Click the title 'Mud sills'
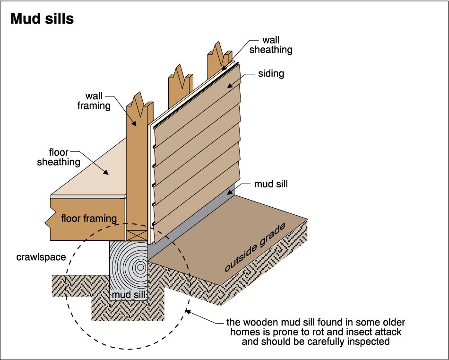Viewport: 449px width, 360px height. point(42,18)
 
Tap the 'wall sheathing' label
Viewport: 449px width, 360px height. point(271,45)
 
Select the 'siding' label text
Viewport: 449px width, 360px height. point(271,73)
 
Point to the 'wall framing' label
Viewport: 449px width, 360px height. point(94,101)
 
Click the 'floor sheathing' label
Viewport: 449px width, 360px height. point(59,157)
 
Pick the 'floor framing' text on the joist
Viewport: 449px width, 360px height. point(89,219)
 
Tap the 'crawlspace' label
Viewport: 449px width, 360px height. point(41,257)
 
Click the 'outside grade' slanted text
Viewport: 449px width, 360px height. point(255,247)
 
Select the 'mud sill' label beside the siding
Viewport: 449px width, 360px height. point(271,184)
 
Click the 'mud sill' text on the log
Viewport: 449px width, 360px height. point(128,294)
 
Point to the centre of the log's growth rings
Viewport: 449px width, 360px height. point(140,267)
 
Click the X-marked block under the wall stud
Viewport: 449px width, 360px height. point(137,235)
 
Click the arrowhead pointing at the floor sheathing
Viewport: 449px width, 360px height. point(106,172)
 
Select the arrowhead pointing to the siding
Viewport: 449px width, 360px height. point(230,86)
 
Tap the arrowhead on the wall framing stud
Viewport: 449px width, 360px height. point(134,123)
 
